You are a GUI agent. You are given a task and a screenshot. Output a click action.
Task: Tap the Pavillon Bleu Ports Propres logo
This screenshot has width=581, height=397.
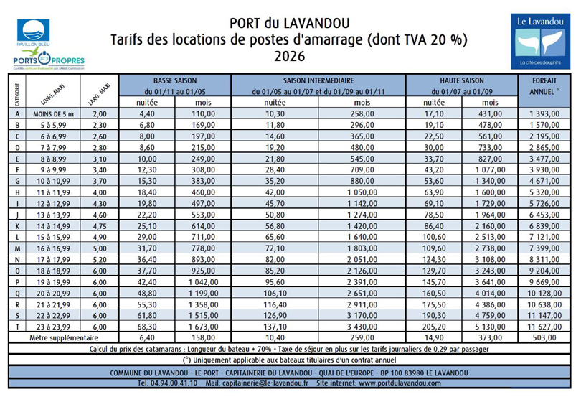pyautogui.click(x=48, y=45)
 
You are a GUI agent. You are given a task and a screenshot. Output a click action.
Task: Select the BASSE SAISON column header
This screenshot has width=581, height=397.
pyautogui.click(x=175, y=81)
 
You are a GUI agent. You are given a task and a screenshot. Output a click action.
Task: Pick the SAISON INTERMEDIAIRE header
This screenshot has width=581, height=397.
pyautogui.click(x=318, y=81)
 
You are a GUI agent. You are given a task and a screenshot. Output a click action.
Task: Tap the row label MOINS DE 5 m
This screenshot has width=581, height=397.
pyautogui.click(x=52, y=113)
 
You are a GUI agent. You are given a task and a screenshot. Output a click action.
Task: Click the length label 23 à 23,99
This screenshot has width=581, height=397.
pyautogui.click(x=52, y=325)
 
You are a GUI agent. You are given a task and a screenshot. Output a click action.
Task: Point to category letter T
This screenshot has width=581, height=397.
pyautogui.click(x=16, y=325)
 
